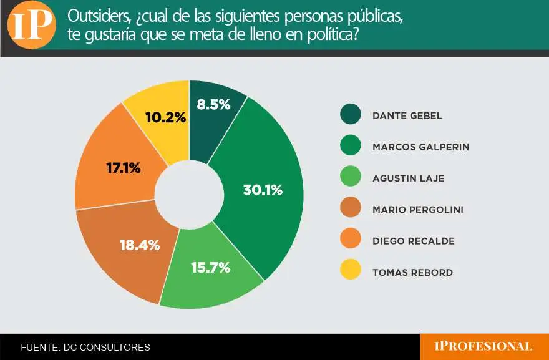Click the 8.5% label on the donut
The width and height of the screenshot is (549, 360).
(213, 105)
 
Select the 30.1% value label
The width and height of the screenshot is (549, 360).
(263, 190)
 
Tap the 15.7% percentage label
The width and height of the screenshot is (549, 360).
(210, 268)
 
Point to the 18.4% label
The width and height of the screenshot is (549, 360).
(139, 245)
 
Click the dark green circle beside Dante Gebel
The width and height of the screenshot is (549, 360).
(351, 115)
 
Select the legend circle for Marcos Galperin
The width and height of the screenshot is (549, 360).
(351, 147)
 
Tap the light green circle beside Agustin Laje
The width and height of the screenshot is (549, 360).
(351, 178)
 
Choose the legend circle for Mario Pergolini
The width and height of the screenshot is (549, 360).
(351, 209)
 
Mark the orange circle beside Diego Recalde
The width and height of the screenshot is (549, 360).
(351, 241)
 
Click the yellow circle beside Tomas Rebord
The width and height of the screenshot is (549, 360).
(351, 272)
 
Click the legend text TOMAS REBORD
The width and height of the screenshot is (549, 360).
(412, 273)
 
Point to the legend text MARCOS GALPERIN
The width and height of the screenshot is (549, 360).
(420, 147)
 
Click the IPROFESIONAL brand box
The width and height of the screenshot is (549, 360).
(484, 346)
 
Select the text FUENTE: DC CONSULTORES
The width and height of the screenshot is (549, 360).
(85, 347)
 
